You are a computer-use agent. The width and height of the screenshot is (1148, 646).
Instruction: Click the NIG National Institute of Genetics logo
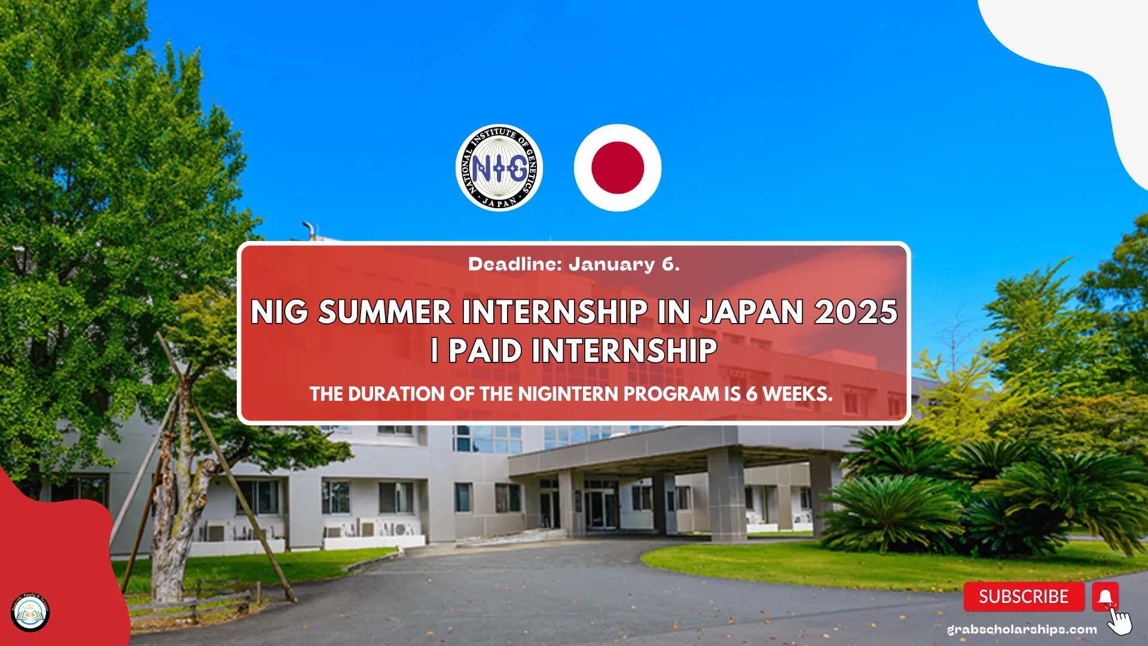(x=499, y=168)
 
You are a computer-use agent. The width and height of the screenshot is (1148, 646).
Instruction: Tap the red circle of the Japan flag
(x=618, y=168)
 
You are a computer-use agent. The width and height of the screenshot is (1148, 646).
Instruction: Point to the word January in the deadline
(x=611, y=264)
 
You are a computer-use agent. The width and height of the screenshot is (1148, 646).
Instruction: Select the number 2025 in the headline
(x=856, y=312)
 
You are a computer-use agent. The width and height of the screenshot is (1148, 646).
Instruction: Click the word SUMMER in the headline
(x=385, y=312)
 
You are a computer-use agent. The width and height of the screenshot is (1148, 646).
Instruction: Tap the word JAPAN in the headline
(x=752, y=312)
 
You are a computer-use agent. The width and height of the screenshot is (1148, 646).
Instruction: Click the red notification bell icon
(x=1105, y=596)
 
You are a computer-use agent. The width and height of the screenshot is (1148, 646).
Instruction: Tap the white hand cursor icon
(x=1120, y=622)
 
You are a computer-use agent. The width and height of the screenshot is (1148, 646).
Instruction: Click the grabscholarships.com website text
(x=1022, y=629)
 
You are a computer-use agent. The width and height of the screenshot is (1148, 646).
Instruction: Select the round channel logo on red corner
(x=30, y=612)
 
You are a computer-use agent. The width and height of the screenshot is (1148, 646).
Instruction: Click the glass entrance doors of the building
(x=601, y=508)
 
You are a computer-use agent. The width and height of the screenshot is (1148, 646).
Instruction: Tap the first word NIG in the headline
(x=279, y=312)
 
